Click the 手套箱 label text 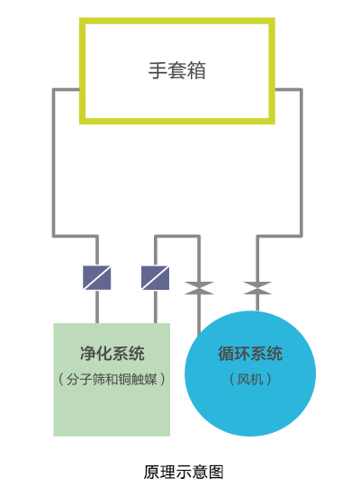coord(177,71)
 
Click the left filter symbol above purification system coord(97,277)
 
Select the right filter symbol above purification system coord(156,277)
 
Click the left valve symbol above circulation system coord(199,288)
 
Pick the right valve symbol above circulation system coord(258,288)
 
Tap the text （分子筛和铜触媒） coord(112,379)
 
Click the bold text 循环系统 coord(250,354)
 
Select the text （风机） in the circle coord(250,379)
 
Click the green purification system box coord(112,409)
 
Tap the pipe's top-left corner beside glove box coord(54,89)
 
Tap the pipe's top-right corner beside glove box coord(301,89)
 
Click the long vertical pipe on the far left coord(54,162)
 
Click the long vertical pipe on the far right coord(301,162)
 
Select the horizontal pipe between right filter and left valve coord(177,237)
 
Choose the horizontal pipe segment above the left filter coord(76,237)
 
